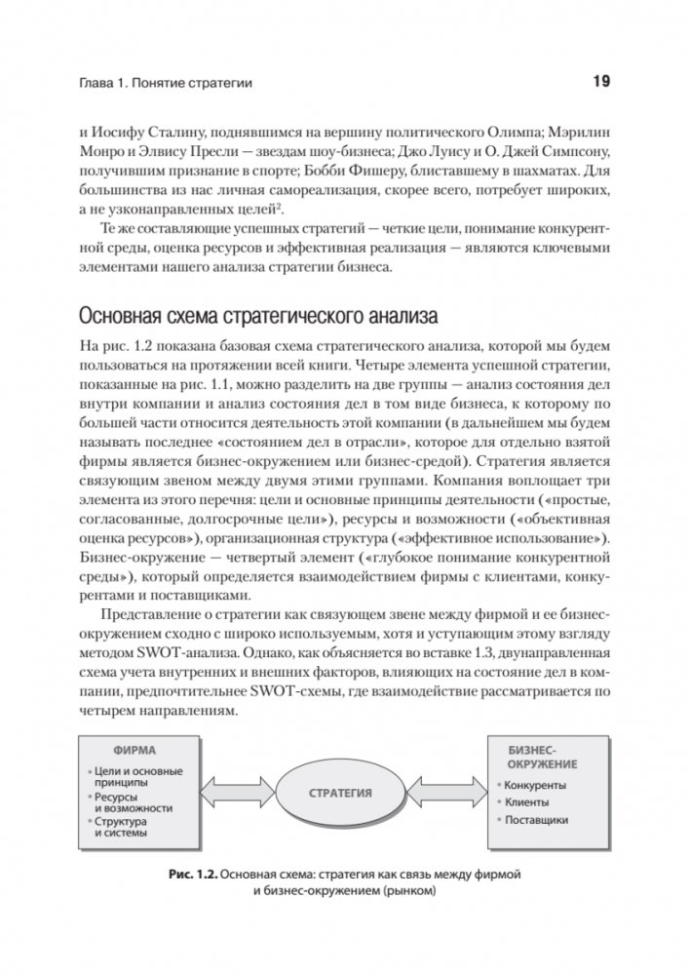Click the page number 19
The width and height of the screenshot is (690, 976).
pos(600,82)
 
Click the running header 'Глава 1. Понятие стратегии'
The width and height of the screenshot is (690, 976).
pos(167,84)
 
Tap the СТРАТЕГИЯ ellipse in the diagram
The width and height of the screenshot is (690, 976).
pos(340,793)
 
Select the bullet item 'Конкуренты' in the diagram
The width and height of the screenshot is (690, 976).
pos(535,784)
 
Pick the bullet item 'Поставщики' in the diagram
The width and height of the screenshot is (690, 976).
pos(536,820)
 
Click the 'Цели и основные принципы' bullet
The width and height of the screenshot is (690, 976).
pos(136,777)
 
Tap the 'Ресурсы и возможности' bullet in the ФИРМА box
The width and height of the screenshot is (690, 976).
pos(133,801)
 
